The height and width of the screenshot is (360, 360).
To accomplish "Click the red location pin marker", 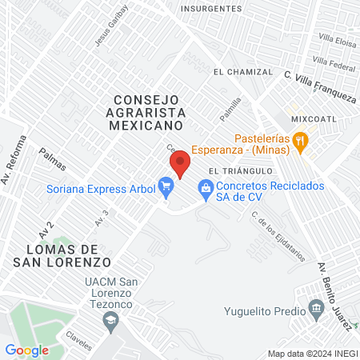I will click(x=180, y=164).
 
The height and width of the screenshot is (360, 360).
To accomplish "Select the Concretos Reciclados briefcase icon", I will click(x=206, y=189).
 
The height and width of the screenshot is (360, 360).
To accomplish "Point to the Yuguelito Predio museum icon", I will click(x=316, y=310).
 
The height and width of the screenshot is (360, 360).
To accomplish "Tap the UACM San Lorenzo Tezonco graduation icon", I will click(x=111, y=321).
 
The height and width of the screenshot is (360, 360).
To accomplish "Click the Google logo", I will click(x=27, y=350).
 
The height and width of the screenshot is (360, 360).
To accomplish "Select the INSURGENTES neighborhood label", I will click(x=211, y=8).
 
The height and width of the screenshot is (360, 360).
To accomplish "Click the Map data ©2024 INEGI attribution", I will click(x=312, y=354).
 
